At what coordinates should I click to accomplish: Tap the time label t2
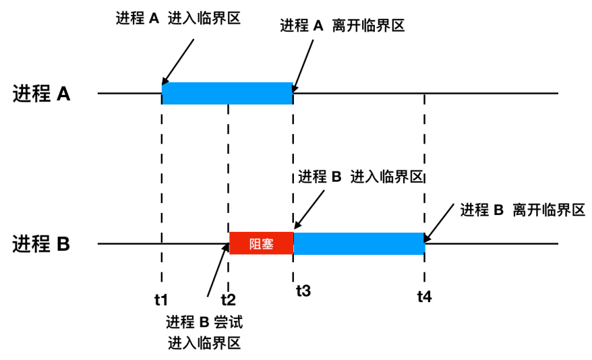click(228, 297)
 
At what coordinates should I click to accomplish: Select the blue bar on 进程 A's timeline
click(227, 93)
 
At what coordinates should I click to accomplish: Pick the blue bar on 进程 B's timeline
click(359, 243)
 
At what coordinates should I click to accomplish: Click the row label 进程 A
click(41, 94)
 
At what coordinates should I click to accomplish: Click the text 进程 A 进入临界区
click(178, 19)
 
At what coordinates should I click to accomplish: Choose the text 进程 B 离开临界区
click(521, 210)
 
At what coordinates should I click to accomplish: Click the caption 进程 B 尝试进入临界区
click(204, 332)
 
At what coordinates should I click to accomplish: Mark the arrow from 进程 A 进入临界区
click(179, 62)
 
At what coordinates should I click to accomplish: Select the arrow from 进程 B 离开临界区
click(439, 227)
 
